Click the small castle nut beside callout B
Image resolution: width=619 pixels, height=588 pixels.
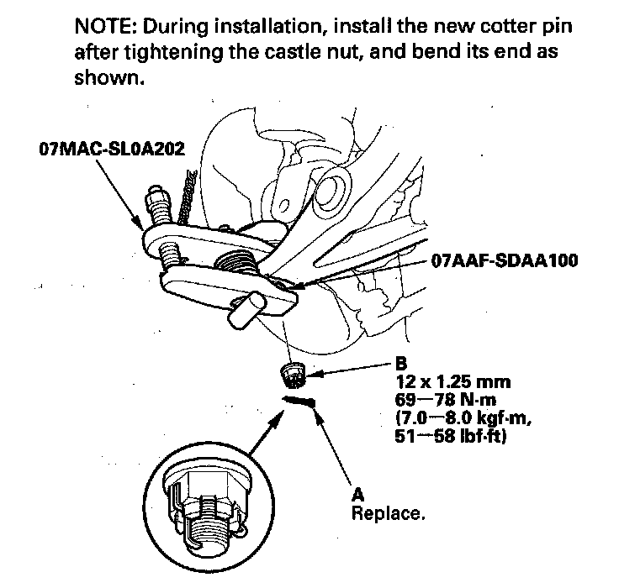tap(292, 371)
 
